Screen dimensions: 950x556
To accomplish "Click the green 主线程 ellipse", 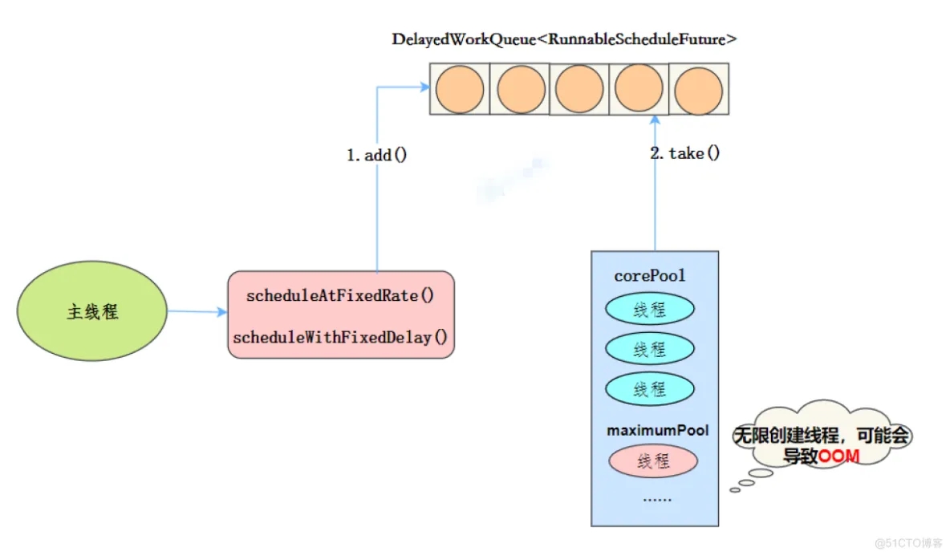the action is (92, 311).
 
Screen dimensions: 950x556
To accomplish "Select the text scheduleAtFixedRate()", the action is (340, 295).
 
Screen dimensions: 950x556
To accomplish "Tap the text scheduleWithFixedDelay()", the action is (340, 337).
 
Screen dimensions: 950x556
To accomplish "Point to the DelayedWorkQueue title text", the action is (564, 39).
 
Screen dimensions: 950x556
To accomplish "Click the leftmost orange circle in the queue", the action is (460, 90).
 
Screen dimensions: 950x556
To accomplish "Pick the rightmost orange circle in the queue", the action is (699, 91).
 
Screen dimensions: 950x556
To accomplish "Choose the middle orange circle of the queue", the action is (579, 89).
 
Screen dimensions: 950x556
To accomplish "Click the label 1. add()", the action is (377, 155).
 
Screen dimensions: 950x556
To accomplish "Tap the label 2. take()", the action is (685, 152).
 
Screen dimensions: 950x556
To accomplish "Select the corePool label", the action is (649, 275).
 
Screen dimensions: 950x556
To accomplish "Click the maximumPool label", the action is (657, 430).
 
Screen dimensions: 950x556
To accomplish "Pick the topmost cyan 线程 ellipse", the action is (650, 310).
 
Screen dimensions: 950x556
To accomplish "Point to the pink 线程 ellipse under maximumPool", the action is (653, 461).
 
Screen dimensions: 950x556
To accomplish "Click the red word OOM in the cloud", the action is (839, 456).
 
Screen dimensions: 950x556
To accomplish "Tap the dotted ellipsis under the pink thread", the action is (657, 500).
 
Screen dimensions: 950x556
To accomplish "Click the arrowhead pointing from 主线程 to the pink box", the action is (221, 312).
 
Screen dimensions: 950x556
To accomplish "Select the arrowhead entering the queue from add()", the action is (424, 87).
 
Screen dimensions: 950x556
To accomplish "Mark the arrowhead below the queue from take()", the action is (655, 120).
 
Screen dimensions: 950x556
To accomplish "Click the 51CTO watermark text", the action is (908, 542).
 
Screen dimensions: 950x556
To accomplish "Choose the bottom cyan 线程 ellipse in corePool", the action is (650, 389).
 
